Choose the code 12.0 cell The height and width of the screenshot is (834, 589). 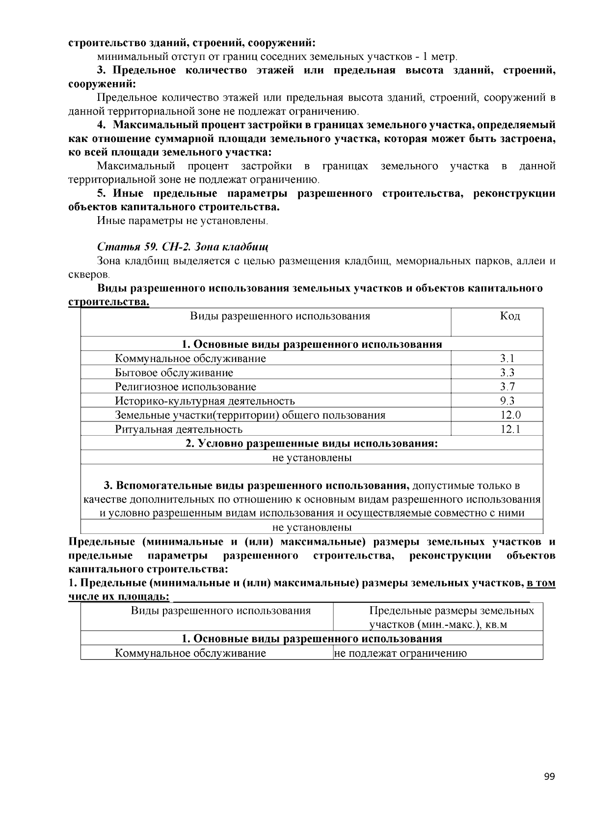point(510,415)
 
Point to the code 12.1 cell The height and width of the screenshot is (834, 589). point(510,429)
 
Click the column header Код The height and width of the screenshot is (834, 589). point(510,316)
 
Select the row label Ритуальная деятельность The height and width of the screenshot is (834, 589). point(179,429)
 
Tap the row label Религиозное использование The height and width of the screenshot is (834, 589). point(186,387)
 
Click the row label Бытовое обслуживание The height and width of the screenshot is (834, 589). point(174,372)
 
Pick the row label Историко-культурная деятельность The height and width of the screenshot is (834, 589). point(205,401)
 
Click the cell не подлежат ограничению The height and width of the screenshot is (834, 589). point(400,653)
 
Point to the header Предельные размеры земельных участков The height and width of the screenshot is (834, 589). point(452,617)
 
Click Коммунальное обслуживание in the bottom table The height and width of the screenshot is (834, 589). point(190,653)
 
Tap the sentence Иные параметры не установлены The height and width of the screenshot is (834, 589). point(182,221)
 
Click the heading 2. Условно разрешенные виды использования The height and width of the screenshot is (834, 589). point(311,444)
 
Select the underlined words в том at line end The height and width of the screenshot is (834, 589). point(541,583)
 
